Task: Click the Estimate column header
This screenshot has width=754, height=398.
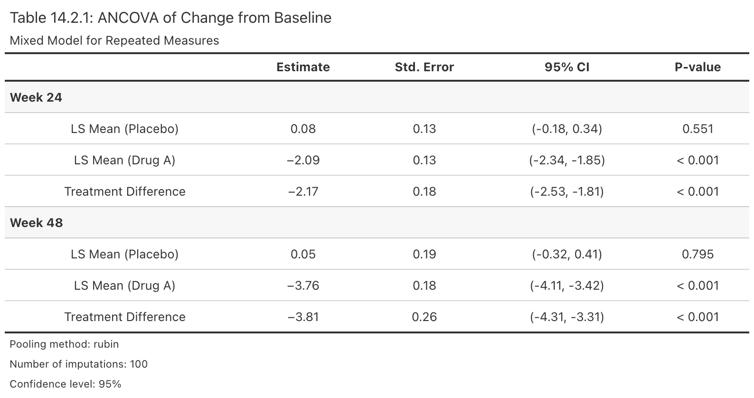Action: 303,67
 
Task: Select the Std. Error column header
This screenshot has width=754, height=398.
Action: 424,67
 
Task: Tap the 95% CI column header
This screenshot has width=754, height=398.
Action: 567,67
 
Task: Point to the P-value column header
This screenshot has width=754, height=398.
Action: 697,67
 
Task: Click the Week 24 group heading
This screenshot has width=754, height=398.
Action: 36,97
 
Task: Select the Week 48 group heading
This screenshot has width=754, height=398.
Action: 36,223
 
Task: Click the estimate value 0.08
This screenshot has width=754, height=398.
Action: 303,129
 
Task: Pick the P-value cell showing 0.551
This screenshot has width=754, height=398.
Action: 697,129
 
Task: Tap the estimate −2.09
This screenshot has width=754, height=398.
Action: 303,160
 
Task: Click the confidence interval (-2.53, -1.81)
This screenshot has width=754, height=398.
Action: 567,191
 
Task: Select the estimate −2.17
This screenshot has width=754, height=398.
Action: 303,191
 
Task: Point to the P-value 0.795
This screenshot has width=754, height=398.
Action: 697,254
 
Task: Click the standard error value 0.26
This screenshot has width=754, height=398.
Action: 424,317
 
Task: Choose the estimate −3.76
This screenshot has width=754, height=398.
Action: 303,285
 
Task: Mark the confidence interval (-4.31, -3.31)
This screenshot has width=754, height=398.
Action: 567,317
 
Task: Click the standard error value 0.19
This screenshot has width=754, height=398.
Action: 424,254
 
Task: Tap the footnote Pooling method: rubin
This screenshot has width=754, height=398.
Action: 64,344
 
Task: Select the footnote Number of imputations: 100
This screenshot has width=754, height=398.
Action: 78,364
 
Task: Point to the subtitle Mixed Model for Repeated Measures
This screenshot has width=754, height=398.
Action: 114,40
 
